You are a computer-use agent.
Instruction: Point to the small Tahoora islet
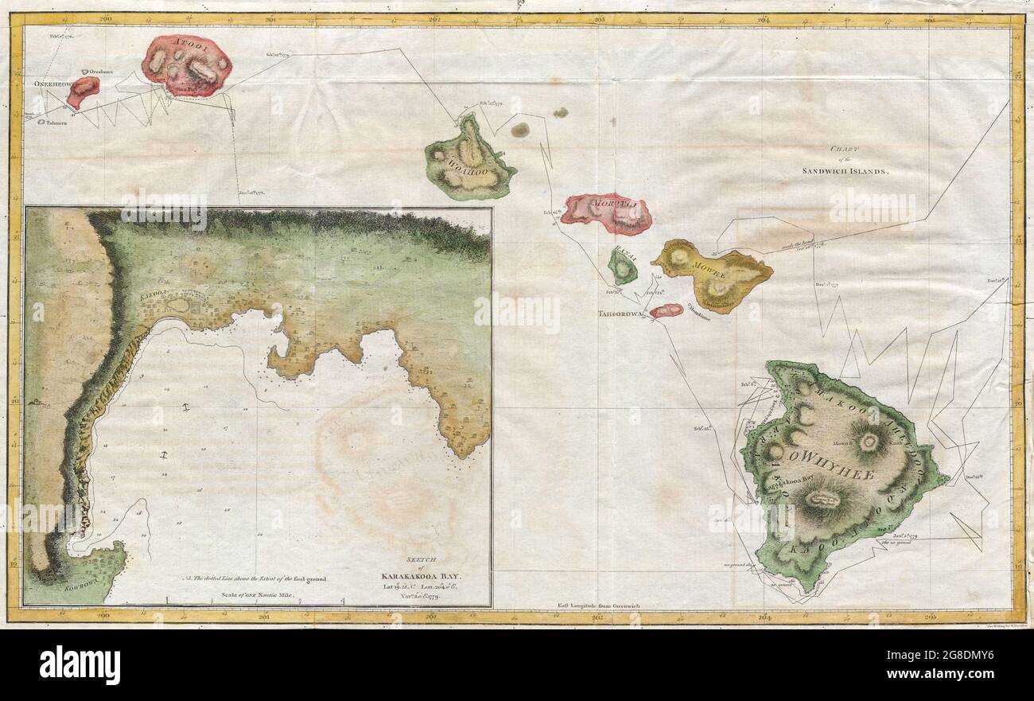[x=41, y=123]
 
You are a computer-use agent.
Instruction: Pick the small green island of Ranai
[x=623, y=267]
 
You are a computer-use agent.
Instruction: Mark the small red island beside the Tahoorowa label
[x=666, y=310]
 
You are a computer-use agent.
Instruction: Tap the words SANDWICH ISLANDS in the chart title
[x=845, y=171]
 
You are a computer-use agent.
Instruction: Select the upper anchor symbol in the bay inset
[x=185, y=407]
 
